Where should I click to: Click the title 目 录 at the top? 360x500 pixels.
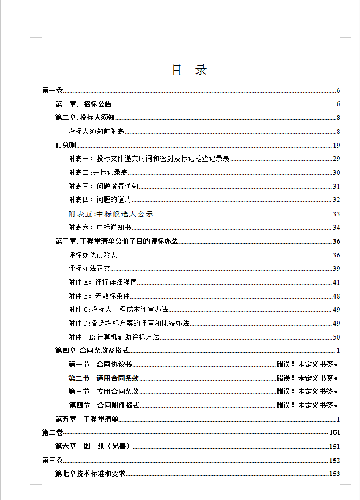tap(189, 70)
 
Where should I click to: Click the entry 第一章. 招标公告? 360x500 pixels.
tap(83, 104)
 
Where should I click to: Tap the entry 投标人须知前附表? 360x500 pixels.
tap(96, 132)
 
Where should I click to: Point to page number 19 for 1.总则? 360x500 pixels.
tap(336, 146)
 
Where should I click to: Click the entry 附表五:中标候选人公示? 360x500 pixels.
tap(110, 214)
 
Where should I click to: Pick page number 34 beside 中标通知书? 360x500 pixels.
tap(336, 228)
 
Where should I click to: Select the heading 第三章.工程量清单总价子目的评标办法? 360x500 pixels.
tap(116, 241)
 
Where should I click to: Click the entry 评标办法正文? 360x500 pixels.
tap(89, 269)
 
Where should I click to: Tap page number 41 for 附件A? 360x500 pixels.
tap(336, 283)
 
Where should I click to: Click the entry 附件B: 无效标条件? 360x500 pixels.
tap(99, 296)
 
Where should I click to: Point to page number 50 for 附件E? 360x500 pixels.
tap(336, 337)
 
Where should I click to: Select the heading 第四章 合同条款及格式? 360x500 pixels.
tap(92, 351)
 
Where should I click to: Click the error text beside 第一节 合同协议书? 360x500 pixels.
tap(307, 365)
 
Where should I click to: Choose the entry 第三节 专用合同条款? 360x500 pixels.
tap(103, 392)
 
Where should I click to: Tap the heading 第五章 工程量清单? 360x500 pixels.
tap(87, 419)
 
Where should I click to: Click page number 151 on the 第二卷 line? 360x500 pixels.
tap(334, 432)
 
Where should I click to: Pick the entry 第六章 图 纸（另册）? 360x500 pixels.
tap(93, 446)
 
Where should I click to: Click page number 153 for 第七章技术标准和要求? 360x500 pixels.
tap(334, 473)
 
